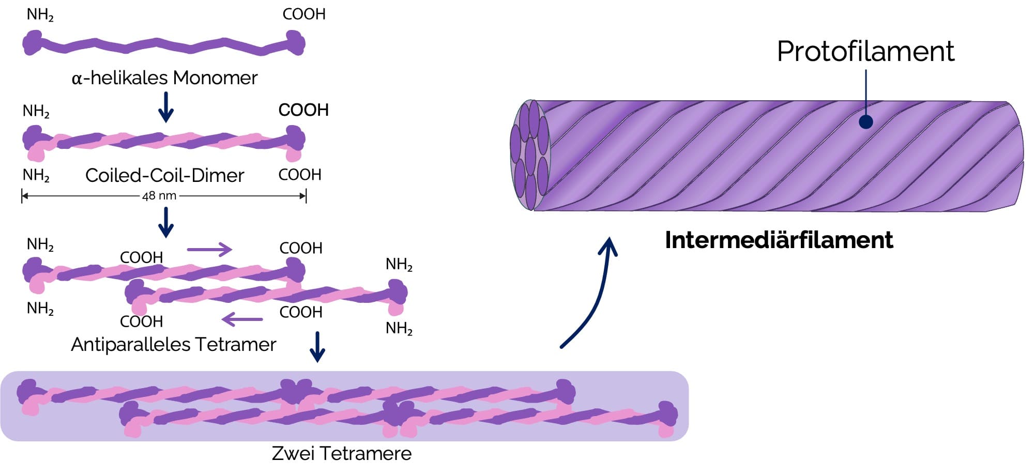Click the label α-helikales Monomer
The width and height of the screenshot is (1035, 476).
coord(164,78)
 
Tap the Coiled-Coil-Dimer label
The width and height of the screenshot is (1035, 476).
coord(164,175)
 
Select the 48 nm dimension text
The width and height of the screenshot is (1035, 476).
coord(159,196)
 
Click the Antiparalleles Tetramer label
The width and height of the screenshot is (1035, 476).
coord(173,344)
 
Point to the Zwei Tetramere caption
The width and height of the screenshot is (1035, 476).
coord(341,453)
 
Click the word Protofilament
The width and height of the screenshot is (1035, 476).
coord(865,51)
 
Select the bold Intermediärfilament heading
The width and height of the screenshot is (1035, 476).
coord(779,240)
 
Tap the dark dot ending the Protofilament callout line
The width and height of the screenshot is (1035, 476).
coord(866,122)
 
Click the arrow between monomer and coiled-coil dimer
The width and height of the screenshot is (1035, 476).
coord(165,107)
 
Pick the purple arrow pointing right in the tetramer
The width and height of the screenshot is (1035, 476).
coord(209,250)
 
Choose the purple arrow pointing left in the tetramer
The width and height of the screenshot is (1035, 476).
coord(242,319)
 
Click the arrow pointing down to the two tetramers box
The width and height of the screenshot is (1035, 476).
coord(317,347)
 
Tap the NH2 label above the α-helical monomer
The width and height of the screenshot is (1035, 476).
coord(40,15)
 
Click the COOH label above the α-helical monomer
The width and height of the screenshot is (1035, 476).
coord(303,14)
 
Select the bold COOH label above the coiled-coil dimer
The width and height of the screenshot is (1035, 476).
coord(303,110)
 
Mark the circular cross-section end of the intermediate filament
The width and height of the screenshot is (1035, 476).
coord(529,155)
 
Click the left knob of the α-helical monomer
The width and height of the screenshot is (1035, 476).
coord(32,43)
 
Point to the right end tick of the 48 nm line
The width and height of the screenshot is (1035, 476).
coord(306,196)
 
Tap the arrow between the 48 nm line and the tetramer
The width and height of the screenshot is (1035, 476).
coord(165,222)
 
